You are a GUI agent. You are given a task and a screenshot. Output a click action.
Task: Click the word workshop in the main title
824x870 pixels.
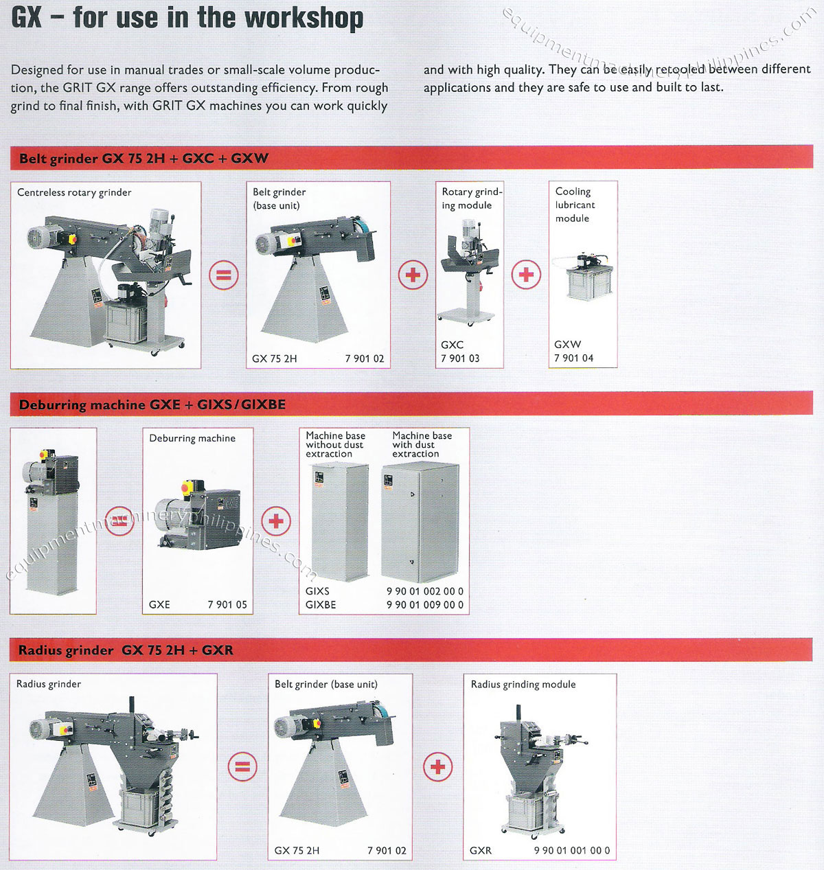pos(304,17)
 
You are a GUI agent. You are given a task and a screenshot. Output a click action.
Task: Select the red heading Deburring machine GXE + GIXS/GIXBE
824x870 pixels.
pos(152,404)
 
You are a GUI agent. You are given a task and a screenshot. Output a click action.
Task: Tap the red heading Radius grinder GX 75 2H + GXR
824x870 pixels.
pos(126,650)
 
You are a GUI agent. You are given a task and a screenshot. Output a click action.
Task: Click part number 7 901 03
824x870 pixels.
pos(460,358)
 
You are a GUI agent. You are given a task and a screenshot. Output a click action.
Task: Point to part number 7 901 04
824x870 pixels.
pos(573,358)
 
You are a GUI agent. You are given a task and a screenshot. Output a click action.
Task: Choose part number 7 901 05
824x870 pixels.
pos(227,604)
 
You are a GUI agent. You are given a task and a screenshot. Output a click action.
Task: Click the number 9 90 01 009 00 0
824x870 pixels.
pos(424,605)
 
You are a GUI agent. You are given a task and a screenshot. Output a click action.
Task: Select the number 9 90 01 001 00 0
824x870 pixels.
pos(571,850)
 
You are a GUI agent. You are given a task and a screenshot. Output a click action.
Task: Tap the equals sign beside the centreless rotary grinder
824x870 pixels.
pos(223,275)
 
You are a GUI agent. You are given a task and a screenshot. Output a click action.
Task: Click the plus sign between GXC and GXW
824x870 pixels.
pos(526,275)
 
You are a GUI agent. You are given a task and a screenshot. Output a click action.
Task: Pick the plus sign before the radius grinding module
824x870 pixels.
pos(438,766)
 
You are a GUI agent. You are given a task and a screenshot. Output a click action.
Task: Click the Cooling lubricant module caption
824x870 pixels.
pos(575,205)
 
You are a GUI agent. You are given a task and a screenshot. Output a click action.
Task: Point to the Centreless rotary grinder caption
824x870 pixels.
pos(74,192)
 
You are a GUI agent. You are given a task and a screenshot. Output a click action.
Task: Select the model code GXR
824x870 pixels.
pos(481,850)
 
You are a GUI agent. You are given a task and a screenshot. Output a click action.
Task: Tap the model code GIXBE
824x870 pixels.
pos(321,605)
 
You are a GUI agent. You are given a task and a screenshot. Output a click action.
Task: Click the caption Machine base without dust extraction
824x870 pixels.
pos(335,444)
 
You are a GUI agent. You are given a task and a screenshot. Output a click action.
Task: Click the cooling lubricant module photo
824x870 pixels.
pos(582,278)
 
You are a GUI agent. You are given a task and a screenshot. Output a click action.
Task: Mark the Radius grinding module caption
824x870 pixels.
pos(523,684)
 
